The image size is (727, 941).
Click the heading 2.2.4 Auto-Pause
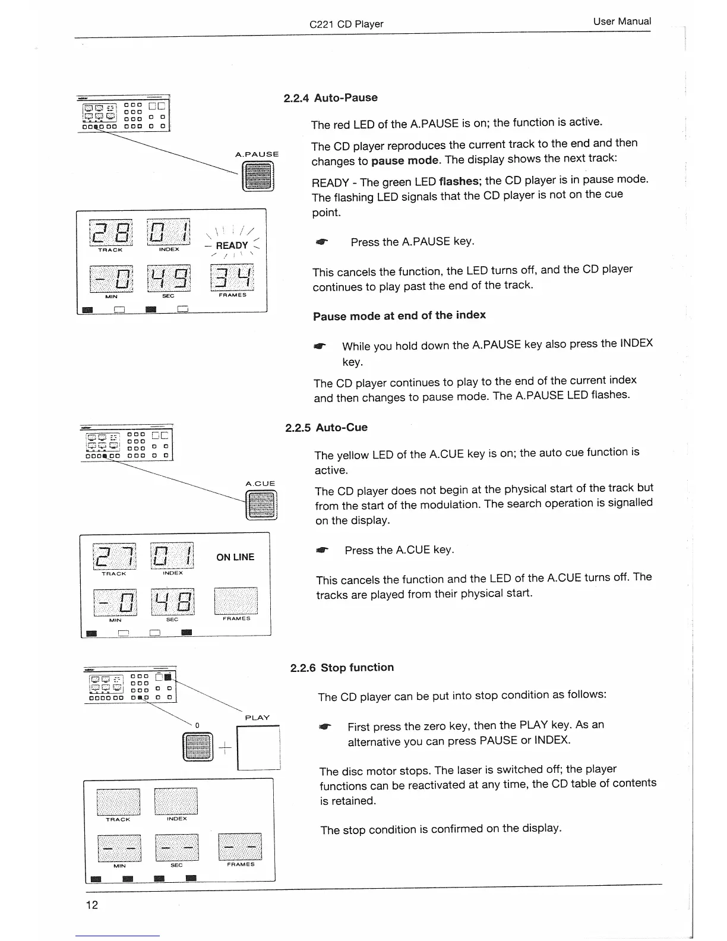tap(330, 97)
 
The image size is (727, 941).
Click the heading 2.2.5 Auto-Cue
tap(326, 428)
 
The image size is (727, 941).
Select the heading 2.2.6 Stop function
tap(342, 668)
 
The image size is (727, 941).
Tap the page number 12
tap(92, 905)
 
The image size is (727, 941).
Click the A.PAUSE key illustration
tap(258, 176)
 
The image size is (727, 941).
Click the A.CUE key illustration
tap(261, 507)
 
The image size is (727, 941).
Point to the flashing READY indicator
tap(232, 245)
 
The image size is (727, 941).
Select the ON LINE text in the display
tap(235, 557)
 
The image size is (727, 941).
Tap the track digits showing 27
tap(114, 555)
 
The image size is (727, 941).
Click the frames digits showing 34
tap(232, 277)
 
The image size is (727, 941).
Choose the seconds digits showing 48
tap(172, 602)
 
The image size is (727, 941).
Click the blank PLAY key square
tap(258, 747)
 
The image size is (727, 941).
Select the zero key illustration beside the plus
tap(198, 747)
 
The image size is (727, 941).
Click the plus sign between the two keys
tap(225, 747)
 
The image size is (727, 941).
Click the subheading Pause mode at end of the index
tap(399, 315)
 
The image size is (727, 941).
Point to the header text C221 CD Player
tap(346, 24)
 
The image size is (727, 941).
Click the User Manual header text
tap(621, 21)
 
